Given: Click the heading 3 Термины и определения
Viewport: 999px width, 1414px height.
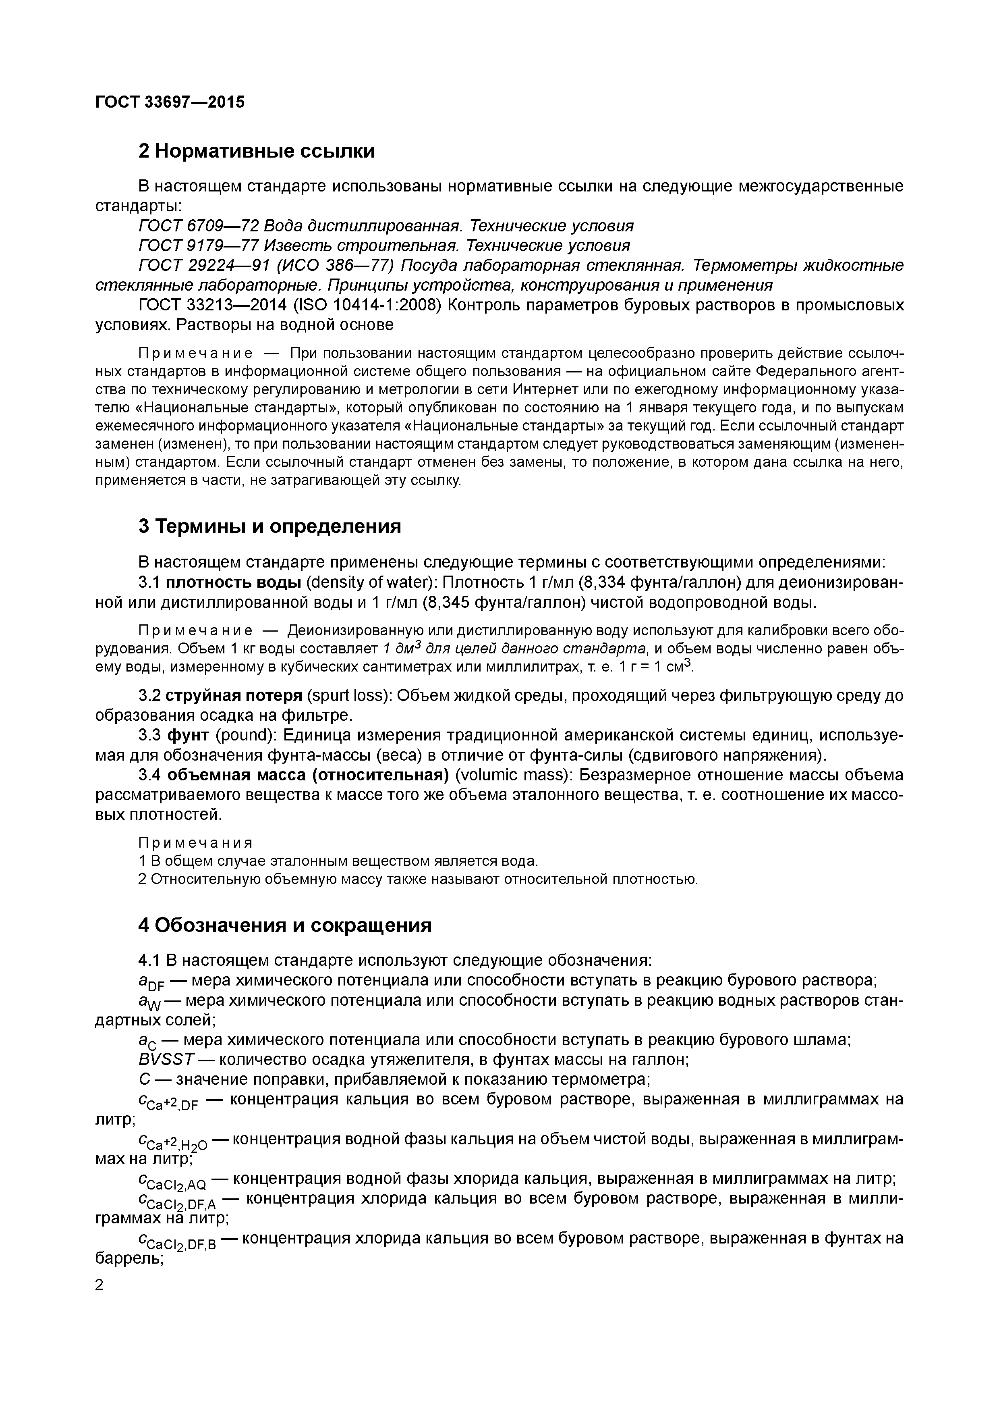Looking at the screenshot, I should pyautogui.click(x=269, y=526).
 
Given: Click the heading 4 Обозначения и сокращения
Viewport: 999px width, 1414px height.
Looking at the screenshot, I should pyautogui.click(x=284, y=925).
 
